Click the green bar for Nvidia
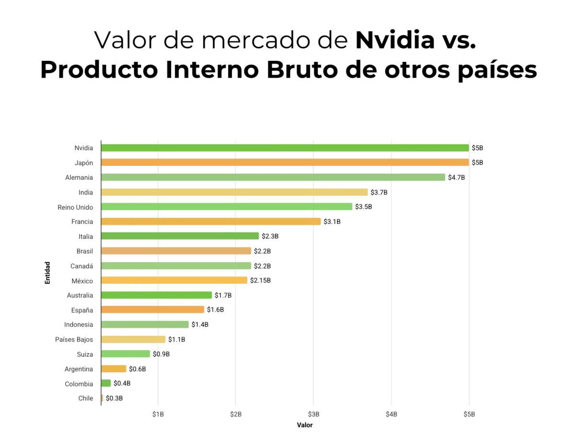pyautogui.click(x=285, y=148)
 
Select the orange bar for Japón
pyautogui.click(x=285, y=163)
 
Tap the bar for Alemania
pyautogui.click(x=273, y=177)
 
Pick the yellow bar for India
pyautogui.click(x=234, y=192)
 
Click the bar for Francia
pyautogui.click(x=211, y=222)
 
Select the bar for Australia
pyautogui.click(x=156, y=295)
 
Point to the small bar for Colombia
pyautogui.click(x=106, y=384)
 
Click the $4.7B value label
pyautogui.click(x=456, y=177)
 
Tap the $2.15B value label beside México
pyautogui.click(x=260, y=281)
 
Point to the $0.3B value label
pyautogui.click(x=114, y=398)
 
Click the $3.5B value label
pyautogui.click(x=363, y=207)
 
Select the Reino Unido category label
pyautogui.click(x=75, y=207)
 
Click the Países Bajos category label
pyautogui.click(x=74, y=340)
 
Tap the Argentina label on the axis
pyautogui.click(x=79, y=369)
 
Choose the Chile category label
pyautogui.click(x=86, y=398)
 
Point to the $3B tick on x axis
pyautogui.click(x=313, y=414)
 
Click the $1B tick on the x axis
pyautogui.click(x=158, y=414)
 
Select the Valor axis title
pyautogui.click(x=305, y=425)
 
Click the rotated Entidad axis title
pyautogui.click(x=47, y=273)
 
